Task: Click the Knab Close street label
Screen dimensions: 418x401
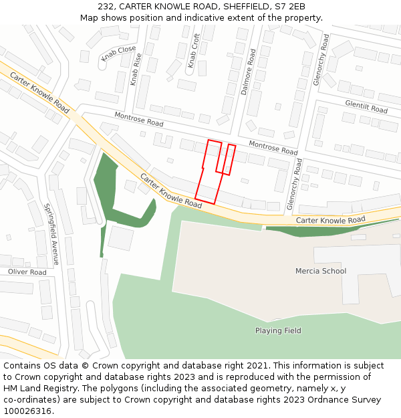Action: pos(118,54)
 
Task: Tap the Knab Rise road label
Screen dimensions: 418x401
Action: pos(136,70)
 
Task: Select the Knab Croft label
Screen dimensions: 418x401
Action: pos(193,51)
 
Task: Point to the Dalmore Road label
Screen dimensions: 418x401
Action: pos(249,72)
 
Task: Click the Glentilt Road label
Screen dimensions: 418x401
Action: pos(366,107)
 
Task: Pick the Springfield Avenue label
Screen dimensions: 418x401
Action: pos(51,234)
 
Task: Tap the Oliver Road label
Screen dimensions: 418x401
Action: pos(27,272)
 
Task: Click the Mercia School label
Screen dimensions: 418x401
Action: pos(321,271)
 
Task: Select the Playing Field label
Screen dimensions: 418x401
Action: pos(278,330)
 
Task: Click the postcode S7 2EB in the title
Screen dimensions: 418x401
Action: pos(290,7)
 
